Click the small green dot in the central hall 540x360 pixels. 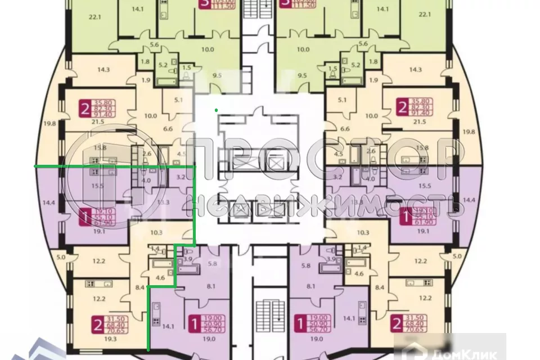217,110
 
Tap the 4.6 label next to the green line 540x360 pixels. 160,277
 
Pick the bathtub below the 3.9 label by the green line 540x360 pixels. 188,269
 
